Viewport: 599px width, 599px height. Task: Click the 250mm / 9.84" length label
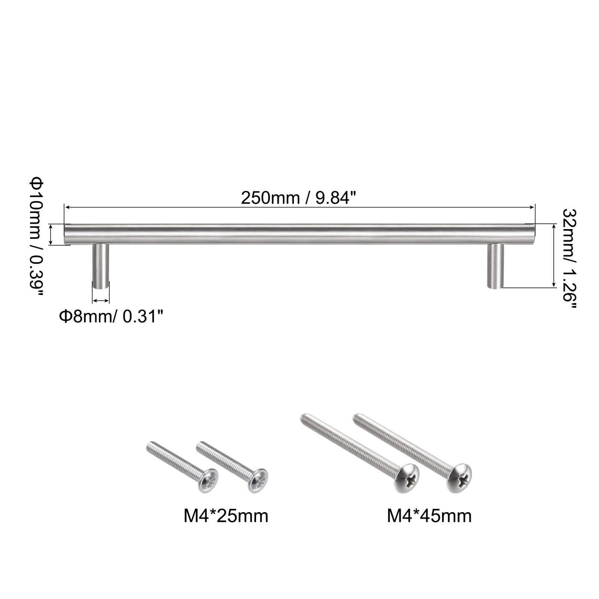pyautogui.click(x=297, y=198)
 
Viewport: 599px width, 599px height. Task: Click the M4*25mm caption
pyautogui.click(x=226, y=516)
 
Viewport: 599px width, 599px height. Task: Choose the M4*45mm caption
pyautogui.click(x=429, y=516)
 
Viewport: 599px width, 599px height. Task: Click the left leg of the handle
pyautogui.click(x=101, y=266)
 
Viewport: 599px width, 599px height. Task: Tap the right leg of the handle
pyautogui.click(x=495, y=266)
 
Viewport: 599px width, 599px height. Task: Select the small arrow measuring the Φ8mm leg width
pyautogui.click(x=101, y=301)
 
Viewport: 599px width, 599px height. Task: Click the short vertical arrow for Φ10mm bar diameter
pyautogui.click(x=51, y=235)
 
